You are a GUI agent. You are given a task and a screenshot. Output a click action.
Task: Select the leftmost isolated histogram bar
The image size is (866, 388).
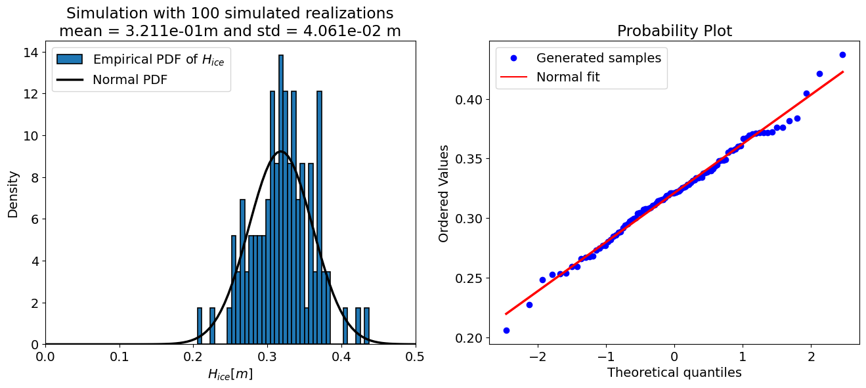[x=200, y=326]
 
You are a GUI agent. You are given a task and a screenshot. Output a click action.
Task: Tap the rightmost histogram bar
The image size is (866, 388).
[x=366, y=326]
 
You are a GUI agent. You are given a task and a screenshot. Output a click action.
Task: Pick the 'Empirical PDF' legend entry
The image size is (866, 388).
[x=162, y=59]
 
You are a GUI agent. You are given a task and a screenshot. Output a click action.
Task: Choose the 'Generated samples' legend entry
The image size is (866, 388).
[x=598, y=58]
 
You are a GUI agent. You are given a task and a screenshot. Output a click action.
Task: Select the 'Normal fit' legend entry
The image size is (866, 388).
[x=568, y=77]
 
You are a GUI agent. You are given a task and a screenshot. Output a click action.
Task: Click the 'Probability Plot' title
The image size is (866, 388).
[x=674, y=32]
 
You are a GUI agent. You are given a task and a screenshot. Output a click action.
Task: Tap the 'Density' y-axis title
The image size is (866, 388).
[x=13, y=194]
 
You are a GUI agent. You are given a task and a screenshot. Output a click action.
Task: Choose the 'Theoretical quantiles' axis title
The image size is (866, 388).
[x=674, y=373]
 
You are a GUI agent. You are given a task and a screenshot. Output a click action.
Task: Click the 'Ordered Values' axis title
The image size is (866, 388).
[x=444, y=194]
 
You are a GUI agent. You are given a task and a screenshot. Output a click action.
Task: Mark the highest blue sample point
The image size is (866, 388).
[x=842, y=54]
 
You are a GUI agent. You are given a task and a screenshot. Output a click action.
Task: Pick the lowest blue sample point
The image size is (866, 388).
[x=506, y=330]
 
